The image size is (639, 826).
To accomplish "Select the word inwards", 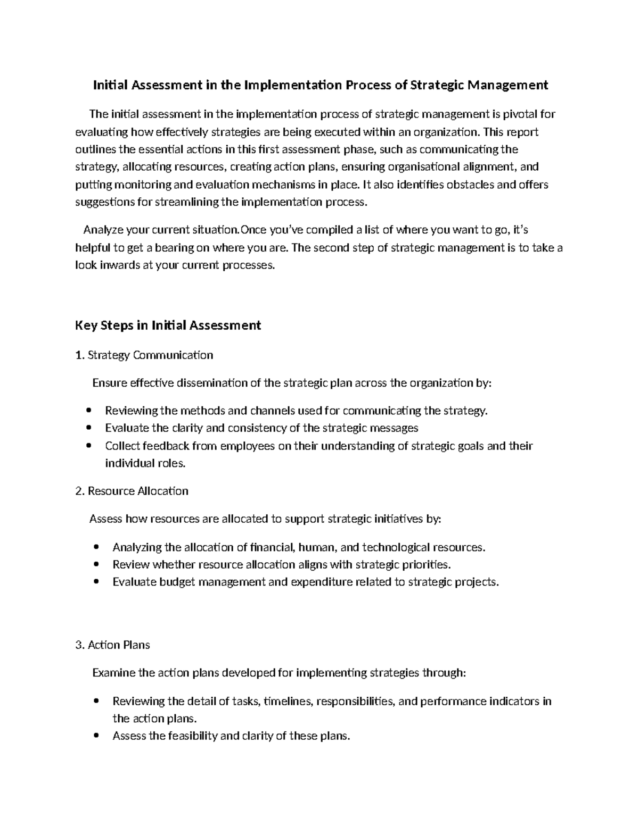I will click(119, 265).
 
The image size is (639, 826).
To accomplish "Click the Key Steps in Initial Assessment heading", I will click(168, 325).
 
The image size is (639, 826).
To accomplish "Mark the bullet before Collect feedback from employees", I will click(89, 446).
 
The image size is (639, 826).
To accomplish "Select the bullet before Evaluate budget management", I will click(96, 582).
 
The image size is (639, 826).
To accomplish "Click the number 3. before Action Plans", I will click(80, 645).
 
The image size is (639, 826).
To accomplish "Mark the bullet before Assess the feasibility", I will click(96, 736).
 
